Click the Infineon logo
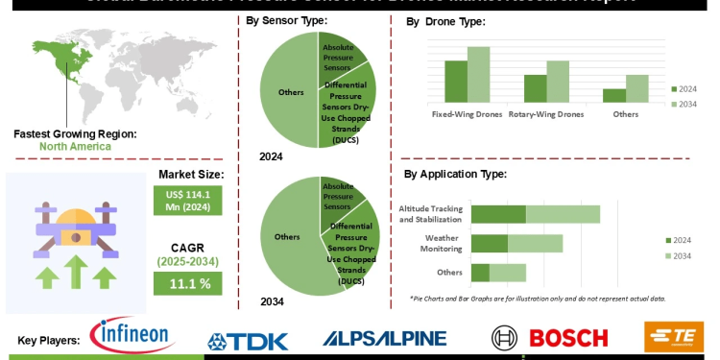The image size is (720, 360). click(132, 336)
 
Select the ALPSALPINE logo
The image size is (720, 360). click(384, 338)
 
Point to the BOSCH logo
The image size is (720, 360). click(550, 338)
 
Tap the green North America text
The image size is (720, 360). click(75, 147)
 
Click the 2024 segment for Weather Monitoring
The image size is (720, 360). click(490, 243)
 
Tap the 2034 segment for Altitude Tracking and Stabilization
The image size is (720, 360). click(563, 214)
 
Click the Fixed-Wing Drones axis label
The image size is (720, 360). click(467, 114)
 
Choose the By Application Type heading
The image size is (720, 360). click(455, 174)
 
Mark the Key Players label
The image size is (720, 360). click(49, 340)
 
